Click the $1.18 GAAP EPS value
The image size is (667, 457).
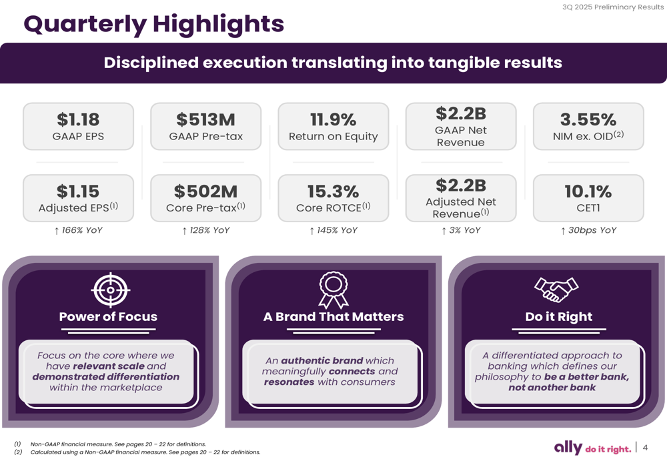pyautogui.click(x=78, y=119)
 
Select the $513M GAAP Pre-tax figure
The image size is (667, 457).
pyautogui.click(x=205, y=119)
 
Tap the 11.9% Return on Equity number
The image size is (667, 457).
pyautogui.click(x=333, y=119)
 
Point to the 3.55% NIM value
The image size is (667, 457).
pyautogui.click(x=588, y=119)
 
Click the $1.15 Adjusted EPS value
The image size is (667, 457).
pyautogui.click(x=78, y=191)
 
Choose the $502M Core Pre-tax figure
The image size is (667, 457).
pyautogui.click(x=205, y=191)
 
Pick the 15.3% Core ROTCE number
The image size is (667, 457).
pyautogui.click(x=333, y=191)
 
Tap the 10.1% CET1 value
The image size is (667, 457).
pyautogui.click(x=588, y=191)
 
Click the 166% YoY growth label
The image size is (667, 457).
pyautogui.click(x=78, y=230)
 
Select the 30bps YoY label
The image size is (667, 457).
pyautogui.click(x=588, y=230)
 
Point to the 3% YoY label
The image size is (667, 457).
pyautogui.click(x=461, y=230)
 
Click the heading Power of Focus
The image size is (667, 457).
pyautogui.click(x=108, y=317)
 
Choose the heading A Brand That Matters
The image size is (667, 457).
pyautogui.click(x=333, y=317)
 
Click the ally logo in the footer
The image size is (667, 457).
pyautogui.click(x=568, y=448)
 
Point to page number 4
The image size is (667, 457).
pyautogui.click(x=645, y=448)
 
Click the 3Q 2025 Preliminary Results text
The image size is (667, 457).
pyautogui.click(x=613, y=7)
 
